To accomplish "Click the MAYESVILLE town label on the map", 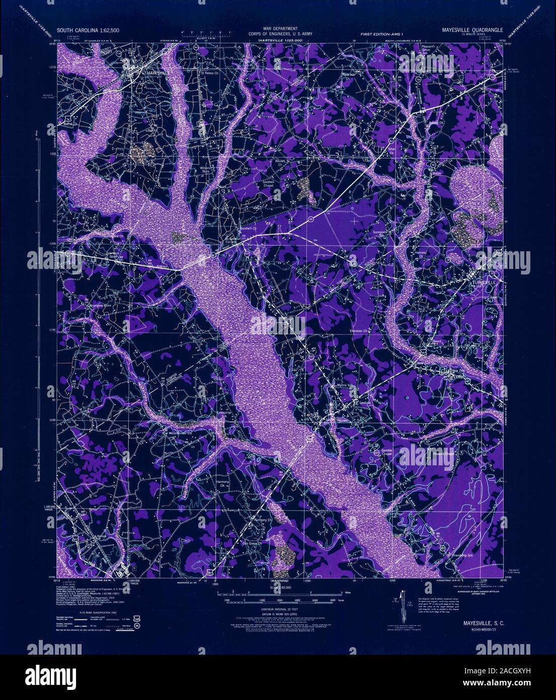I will point(158,73).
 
